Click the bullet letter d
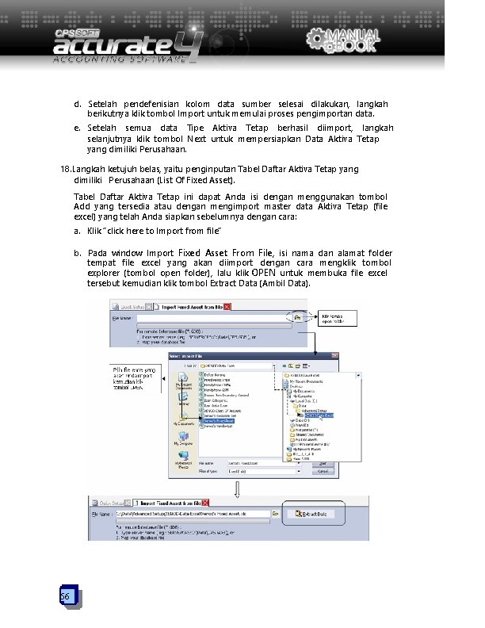tap(77, 105)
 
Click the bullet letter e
tap(77, 128)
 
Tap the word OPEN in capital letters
tap(265, 274)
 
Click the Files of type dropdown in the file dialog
tap(237, 471)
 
